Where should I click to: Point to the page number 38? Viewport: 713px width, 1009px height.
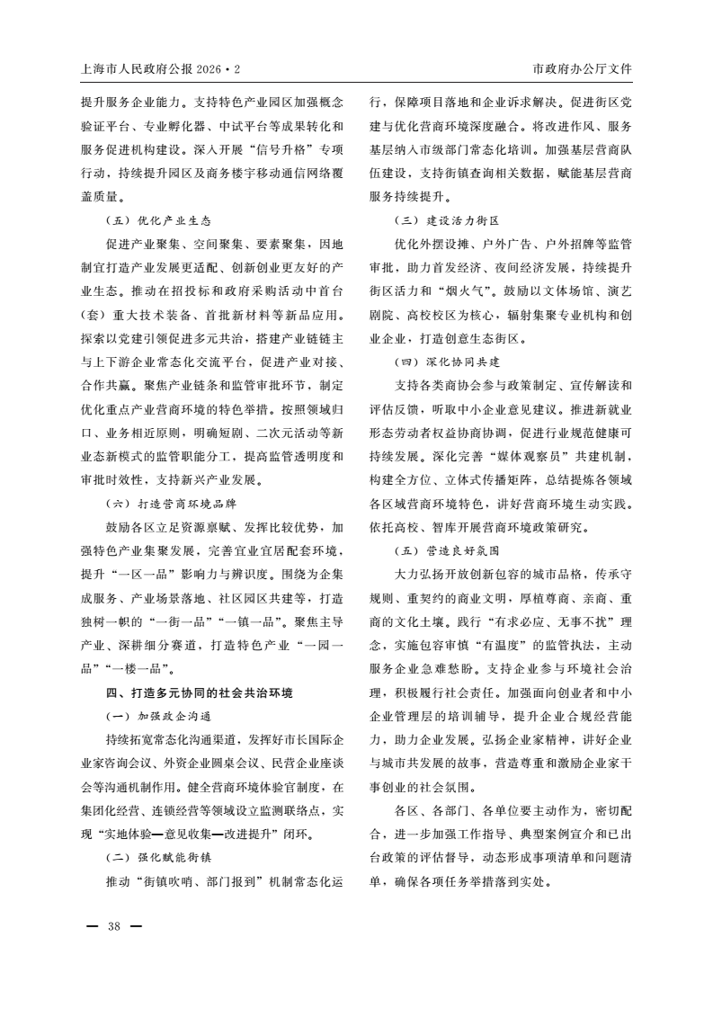pos(114,926)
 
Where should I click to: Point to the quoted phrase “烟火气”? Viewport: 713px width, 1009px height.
pos(461,291)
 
